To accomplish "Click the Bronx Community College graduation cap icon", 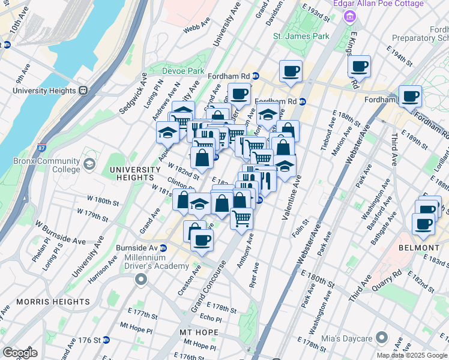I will click(89, 164).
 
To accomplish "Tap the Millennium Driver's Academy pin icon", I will click(141, 278).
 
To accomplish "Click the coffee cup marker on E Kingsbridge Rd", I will click(359, 66).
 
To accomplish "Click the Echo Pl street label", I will click(211, 318).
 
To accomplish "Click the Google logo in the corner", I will click(20, 353).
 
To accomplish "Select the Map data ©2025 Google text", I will click(411, 355).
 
